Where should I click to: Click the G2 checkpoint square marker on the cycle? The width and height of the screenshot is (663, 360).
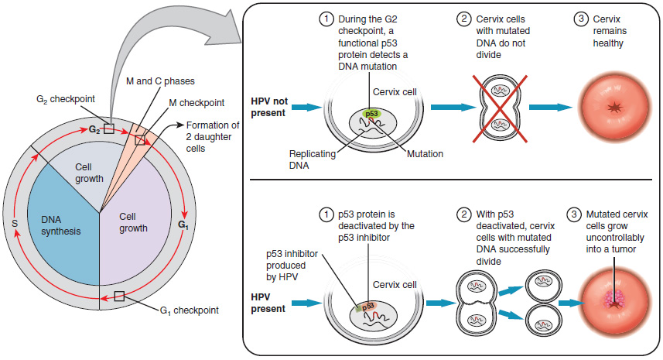click(109, 129)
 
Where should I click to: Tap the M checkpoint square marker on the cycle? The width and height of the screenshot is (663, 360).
click(139, 140)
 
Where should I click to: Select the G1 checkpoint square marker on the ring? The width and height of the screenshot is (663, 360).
click(118, 296)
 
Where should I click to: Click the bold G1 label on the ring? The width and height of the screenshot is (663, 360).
click(183, 225)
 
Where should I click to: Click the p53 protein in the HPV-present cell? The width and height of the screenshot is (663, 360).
click(370, 307)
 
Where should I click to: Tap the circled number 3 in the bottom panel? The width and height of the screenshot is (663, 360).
click(573, 213)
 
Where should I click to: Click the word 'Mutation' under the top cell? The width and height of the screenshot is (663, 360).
click(424, 154)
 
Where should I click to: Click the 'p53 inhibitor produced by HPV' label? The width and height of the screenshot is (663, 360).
click(286, 266)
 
